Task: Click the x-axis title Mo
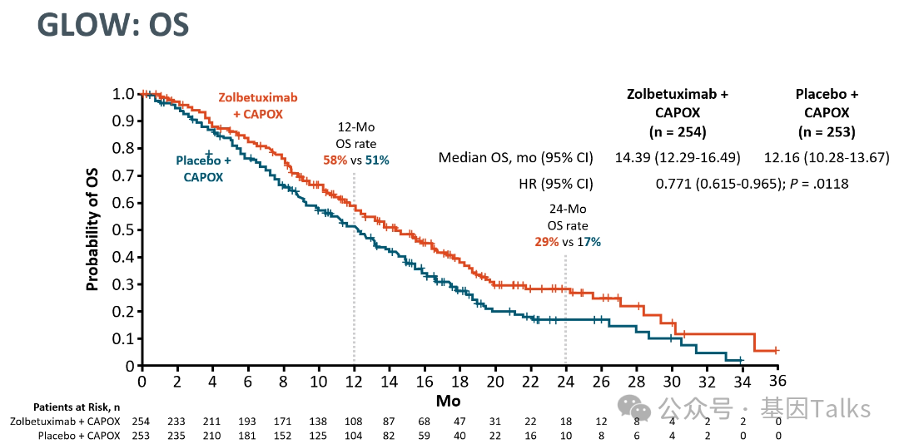(448, 401)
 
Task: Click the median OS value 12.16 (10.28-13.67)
(827, 157)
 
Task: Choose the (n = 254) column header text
(678, 131)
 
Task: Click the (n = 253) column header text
(827, 131)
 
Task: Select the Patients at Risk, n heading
(77, 407)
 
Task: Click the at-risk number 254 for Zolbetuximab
(142, 422)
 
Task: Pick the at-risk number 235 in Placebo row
(177, 436)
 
